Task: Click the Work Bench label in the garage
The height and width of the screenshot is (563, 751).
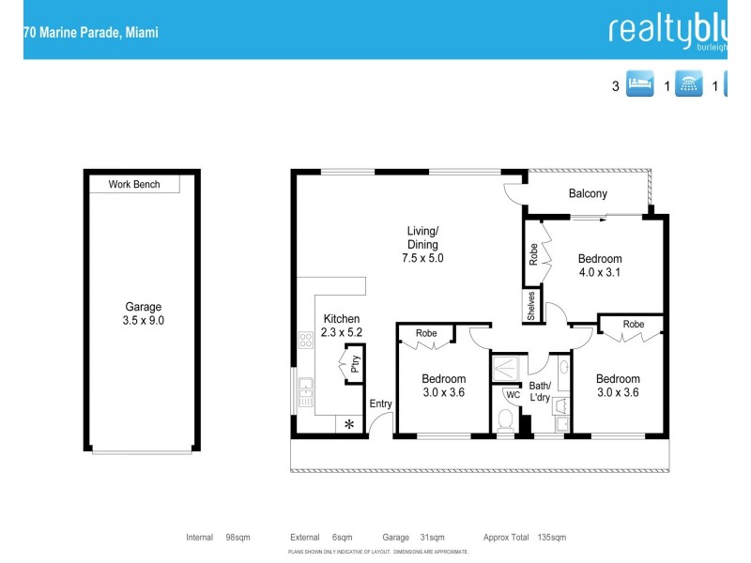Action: pos(133,185)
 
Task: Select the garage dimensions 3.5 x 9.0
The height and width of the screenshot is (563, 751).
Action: pos(144,320)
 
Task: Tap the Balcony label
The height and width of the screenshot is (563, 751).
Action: pos(588,194)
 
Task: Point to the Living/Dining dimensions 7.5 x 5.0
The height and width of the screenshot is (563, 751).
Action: pos(422,258)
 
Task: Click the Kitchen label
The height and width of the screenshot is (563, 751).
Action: pos(341,318)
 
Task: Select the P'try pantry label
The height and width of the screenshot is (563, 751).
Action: pos(355,364)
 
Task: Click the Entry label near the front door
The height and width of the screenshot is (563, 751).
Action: pos(380,403)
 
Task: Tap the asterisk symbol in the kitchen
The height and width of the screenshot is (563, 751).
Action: pos(349,425)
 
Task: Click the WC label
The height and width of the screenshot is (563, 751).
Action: pos(513,395)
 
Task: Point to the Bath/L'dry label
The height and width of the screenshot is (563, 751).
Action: pos(540,391)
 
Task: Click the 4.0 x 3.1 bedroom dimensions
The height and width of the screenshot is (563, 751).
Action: pos(599,273)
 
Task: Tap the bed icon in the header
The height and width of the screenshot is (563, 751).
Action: pos(638,86)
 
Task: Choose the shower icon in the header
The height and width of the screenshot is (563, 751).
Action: pos(689,86)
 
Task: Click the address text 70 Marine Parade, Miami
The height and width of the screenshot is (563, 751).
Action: pos(91,32)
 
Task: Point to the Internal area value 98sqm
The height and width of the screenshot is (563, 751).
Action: pos(237,538)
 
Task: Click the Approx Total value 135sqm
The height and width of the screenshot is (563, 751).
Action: pos(551,538)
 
